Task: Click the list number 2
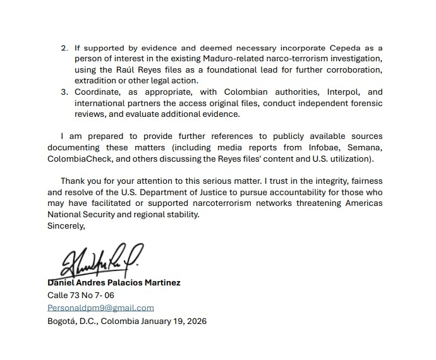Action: click(x=63, y=48)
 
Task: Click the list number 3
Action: click(x=63, y=92)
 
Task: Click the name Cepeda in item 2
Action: click(x=346, y=48)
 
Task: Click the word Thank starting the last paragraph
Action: click(x=73, y=181)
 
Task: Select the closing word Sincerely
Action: click(x=66, y=225)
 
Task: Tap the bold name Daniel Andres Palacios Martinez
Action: click(x=114, y=283)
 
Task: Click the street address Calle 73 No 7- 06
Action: click(x=81, y=295)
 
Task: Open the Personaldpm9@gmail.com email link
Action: click(x=100, y=308)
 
